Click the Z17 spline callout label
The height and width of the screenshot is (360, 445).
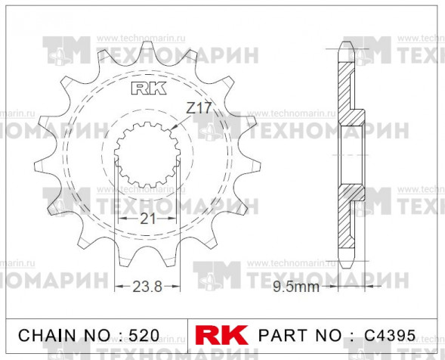[x=199, y=108]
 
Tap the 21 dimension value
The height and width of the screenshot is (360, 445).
[x=148, y=219]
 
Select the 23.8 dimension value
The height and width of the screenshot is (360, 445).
[x=147, y=287]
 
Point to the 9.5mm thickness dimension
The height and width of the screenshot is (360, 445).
[x=296, y=287]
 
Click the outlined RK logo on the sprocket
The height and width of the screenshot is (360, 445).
[x=149, y=88]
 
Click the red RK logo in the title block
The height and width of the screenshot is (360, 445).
[x=221, y=335]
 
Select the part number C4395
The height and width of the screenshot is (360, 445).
[x=390, y=335]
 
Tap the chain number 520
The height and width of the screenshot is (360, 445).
[x=144, y=335]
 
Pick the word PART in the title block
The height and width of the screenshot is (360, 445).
[x=283, y=335]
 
